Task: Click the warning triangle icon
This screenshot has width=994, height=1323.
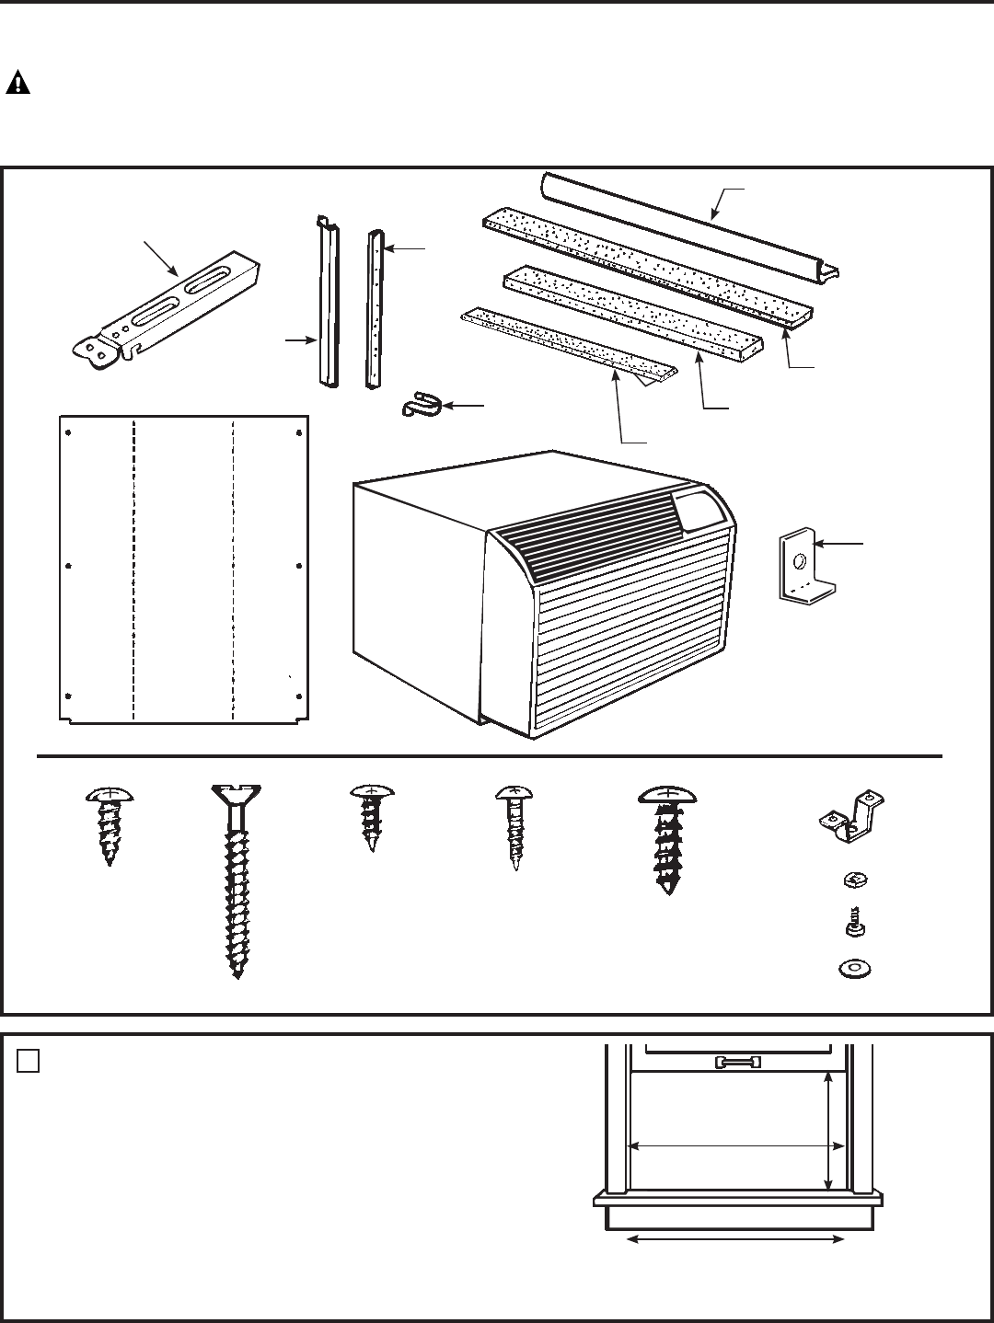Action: (x=18, y=84)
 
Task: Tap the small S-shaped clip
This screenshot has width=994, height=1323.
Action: (x=422, y=405)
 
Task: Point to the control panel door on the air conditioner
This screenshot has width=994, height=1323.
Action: (x=701, y=508)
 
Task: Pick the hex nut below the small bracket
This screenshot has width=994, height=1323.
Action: (x=853, y=880)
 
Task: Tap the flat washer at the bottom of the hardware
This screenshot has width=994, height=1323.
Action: (x=854, y=969)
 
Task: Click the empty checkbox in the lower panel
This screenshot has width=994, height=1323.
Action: (x=28, y=1061)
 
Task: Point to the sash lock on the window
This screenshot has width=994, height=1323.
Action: (x=737, y=1063)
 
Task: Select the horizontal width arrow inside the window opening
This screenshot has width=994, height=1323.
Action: (x=735, y=1146)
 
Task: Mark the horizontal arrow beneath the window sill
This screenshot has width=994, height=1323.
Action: (x=735, y=1241)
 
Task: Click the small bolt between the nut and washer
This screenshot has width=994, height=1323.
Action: (x=853, y=922)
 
